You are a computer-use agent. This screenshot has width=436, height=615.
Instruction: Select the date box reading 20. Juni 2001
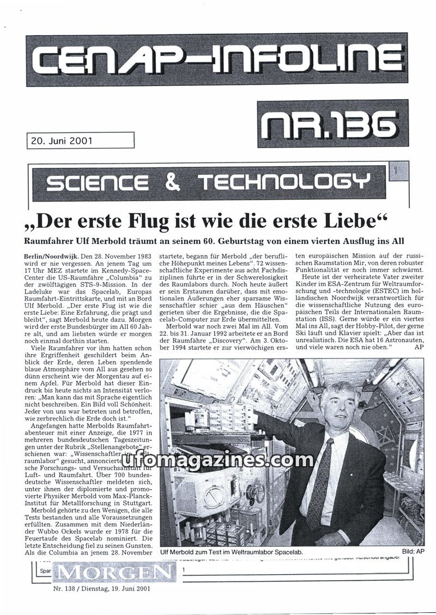[x=60, y=141]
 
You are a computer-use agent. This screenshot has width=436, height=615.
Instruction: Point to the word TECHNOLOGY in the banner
[x=283, y=182]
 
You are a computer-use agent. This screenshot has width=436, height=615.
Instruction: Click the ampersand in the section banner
[x=172, y=182]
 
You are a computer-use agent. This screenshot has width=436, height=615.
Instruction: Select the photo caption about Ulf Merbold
[x=232, y=552]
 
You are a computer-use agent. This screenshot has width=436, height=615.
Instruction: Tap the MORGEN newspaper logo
[x=116, y=572]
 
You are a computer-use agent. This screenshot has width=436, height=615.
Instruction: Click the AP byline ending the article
[x=419, y=346]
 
